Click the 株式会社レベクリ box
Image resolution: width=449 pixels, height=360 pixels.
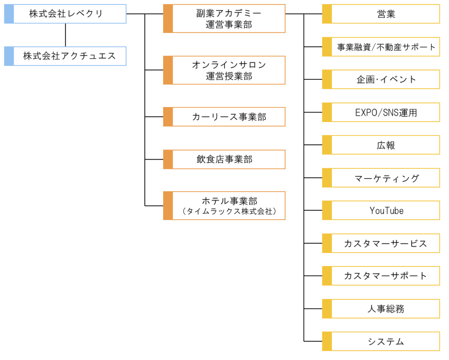pyautogui.click(x=66, y=14)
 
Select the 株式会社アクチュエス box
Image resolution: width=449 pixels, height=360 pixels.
pyautogui.click(x=66, y=56)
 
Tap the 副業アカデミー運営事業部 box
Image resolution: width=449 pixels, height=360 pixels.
pyautogui.click(x=224, y=19)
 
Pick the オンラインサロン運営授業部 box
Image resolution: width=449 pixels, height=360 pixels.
pyautogui.click(x=224, y=70)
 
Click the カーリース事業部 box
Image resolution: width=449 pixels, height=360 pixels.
pyautogui.click(x=224, y=117)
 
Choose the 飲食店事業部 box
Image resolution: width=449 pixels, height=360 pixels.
pyautogui.click(x=224, y=159)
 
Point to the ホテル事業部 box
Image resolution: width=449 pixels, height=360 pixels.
pyautogui.click(x=224, y=206)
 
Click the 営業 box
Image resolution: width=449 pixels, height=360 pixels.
pyautogui.click(x=381, y=14)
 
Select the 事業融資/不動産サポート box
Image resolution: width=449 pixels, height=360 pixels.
pyautogui.click(x=381, y=47)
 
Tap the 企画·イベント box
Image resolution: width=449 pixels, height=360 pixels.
pyautogui.click(x=381, y=79)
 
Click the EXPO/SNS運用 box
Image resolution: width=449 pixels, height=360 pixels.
pyautogui.click(x=381, y=112)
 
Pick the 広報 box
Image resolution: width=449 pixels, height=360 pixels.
pyautogui.click(x=381, y=145)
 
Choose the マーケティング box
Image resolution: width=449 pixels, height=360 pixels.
pyautogui.click(x=381, y=178)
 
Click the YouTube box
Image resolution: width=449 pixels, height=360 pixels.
pyautogui.click(x=381, y=210)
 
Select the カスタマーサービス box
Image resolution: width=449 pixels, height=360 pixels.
pyautogui.click(x=381, y=243)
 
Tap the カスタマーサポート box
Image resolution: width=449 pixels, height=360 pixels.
pyautogui.click(x=381, y=276)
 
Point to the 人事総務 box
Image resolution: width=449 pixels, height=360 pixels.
pyautogui.click(x=381, y=309)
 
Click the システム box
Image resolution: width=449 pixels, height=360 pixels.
pyautogui.click(x=381, y=342)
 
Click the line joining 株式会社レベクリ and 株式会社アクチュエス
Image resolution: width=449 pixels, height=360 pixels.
pyautogui.click(x=66, y=35)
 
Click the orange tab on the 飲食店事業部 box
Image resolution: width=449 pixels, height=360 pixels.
pyautogui.click(x=168, y=159)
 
